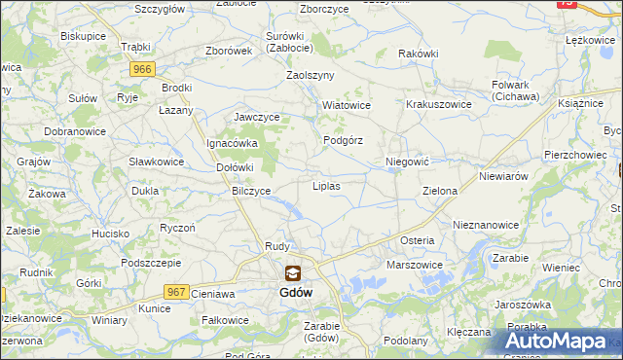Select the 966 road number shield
pyautogui.click(x=143, y=69)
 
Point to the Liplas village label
pyautogui.click(x=325, y=185)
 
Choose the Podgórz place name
pyautogui.click(x=343, y=140)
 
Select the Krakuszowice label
pyautogui.click(x=439, y=104)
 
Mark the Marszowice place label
pyautogui.click(x=415, y=265)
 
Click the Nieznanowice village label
pyautogui.click(x=486, y=224)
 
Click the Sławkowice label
pyautogui.click(x=157, y=161)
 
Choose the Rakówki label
pyautogui.click(x=419, y=54)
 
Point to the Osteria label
pyautogui.click(x=417, y=240)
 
